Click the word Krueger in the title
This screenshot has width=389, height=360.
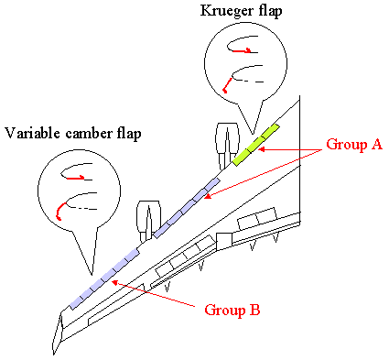pos(223,11)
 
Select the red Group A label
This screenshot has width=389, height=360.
pos(354,145)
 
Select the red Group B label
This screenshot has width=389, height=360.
pos(232,310)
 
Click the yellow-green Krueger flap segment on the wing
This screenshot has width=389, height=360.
pos(256,145)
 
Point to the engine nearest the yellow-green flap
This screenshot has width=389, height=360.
pos(227,146)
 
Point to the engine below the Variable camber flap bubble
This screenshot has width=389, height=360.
pos(148,221)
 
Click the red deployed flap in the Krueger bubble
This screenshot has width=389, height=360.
pos(227,85)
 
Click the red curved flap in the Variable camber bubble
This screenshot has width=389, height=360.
pos(60,210)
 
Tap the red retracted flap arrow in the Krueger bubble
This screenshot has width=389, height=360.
pos(242,51)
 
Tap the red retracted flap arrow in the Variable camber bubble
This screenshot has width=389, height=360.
pos(76,178)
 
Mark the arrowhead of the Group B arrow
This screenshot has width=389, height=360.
pos(115,283)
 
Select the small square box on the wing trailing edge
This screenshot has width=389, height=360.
pos(224,241)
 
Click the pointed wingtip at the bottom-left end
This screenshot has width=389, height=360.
pos(54,355)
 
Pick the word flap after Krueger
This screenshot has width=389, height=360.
pos(266,11)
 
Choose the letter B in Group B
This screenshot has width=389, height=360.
pos(254,310)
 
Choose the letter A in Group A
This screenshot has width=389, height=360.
pos(376,144)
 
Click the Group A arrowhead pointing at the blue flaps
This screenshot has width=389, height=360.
pos(208,196)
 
